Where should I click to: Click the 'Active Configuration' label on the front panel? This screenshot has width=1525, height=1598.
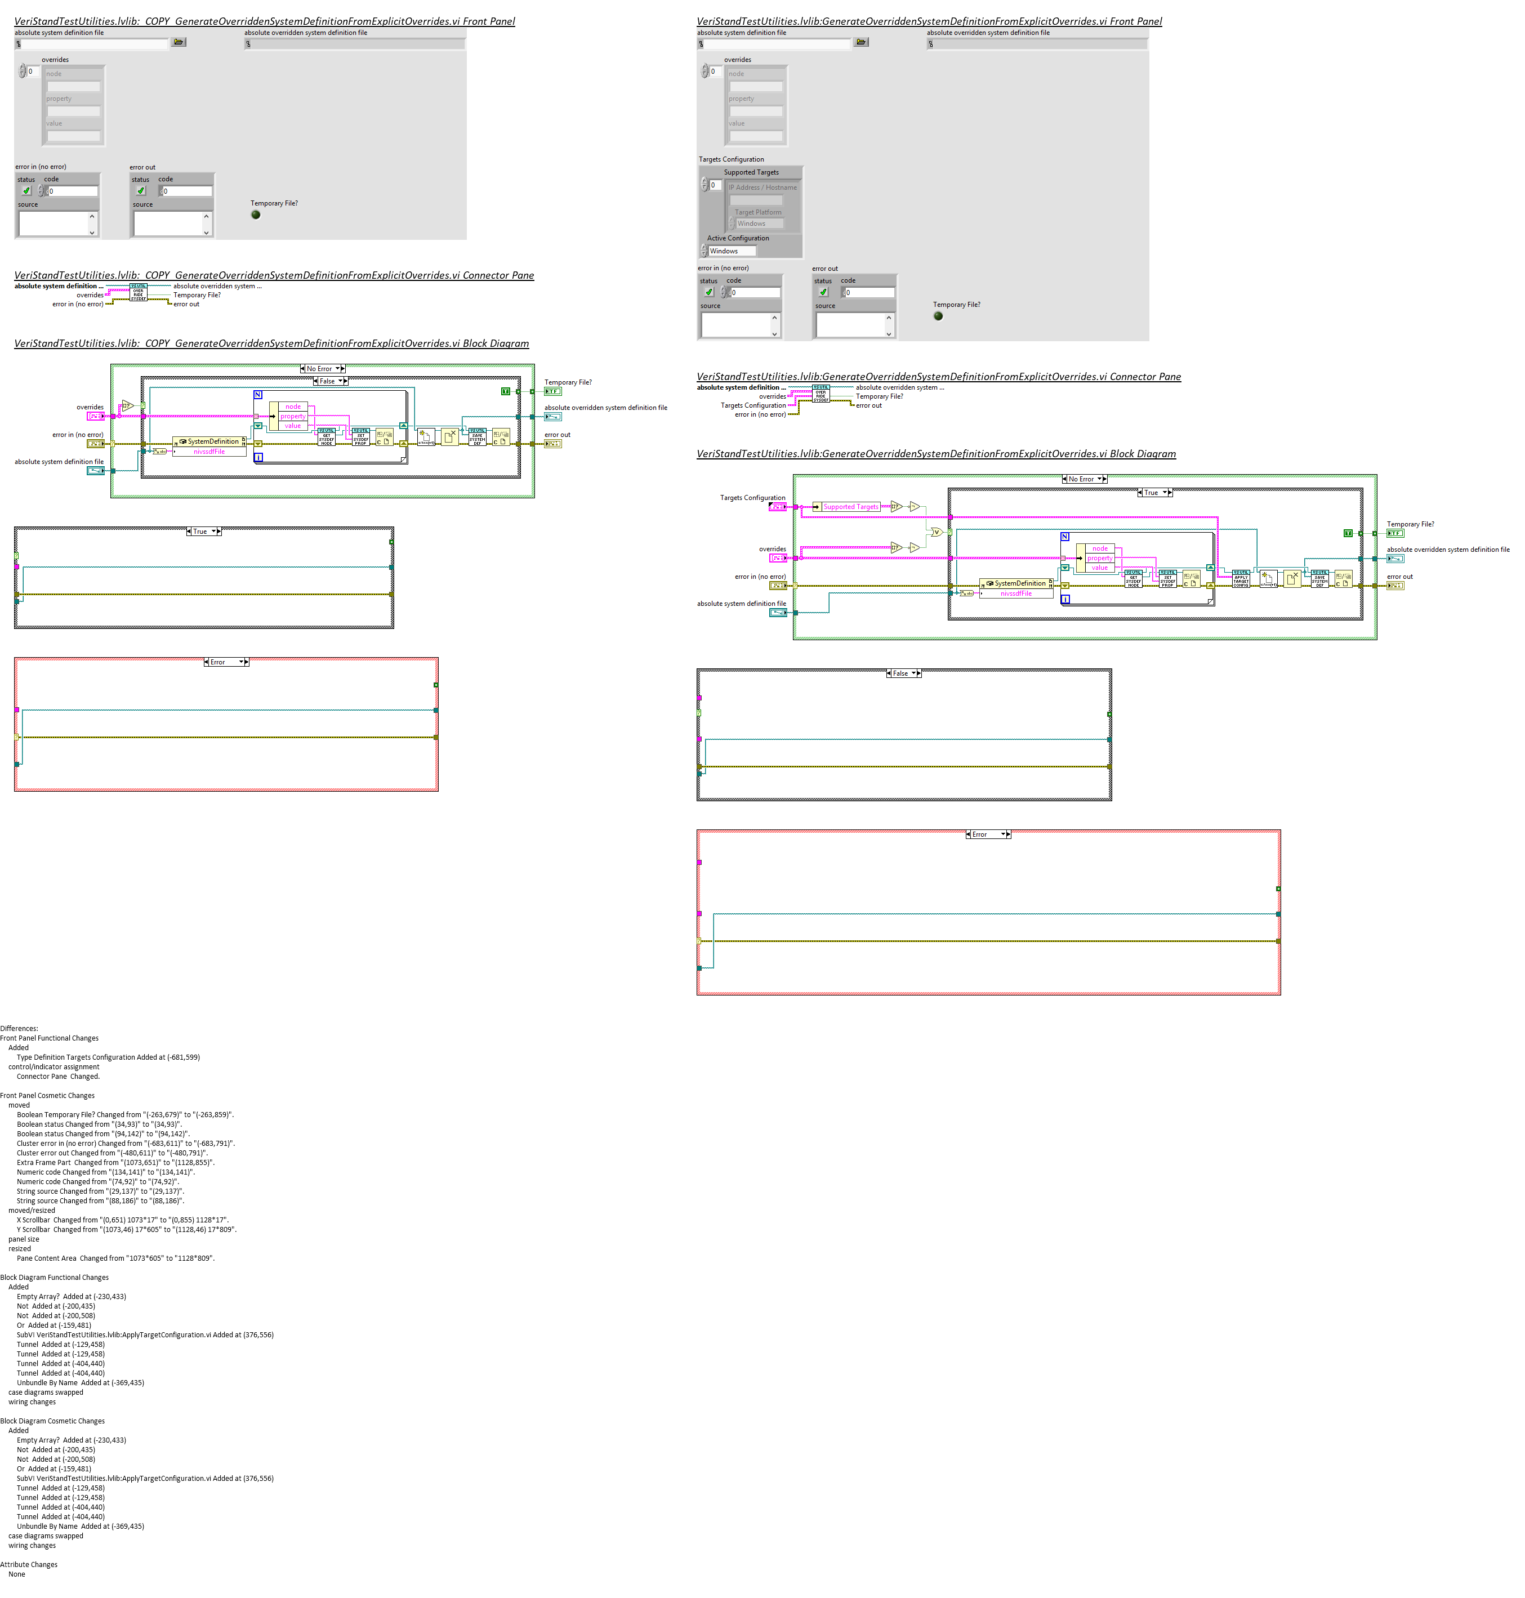click(737, 238)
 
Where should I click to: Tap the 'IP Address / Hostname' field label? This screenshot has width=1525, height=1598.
click(762, 188)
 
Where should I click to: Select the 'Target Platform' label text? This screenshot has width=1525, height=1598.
click(757, 212)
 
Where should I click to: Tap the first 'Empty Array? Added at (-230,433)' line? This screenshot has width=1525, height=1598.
click(72, 1296)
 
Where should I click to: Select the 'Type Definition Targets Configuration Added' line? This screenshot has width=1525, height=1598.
click(108, 1057)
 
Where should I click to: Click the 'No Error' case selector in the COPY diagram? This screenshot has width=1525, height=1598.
click(323, 369)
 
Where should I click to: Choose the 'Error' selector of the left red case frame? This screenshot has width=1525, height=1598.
click(225, 662)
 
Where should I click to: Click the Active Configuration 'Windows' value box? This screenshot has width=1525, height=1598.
click(732, 251)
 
